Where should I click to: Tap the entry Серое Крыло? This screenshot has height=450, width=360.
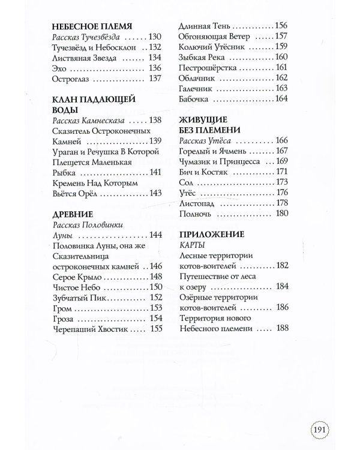(x=77, y=276)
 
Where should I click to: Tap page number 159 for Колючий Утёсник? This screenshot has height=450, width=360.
(x=282, y=46)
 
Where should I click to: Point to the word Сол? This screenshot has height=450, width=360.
(x=187, y=182)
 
